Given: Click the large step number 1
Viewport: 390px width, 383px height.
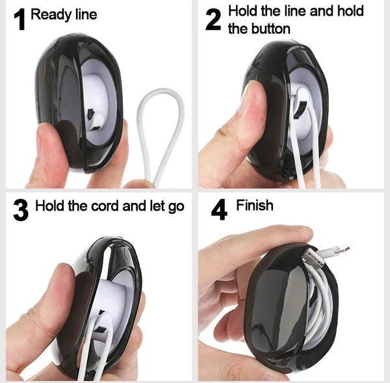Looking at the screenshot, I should pos(19,19).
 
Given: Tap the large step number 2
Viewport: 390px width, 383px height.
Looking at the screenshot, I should pos(213,20).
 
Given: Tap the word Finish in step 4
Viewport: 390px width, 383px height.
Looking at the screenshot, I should pos(254,206).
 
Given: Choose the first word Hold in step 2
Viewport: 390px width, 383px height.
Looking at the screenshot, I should pos(242,12).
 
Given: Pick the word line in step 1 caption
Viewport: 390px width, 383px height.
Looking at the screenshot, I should pos(85,14).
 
